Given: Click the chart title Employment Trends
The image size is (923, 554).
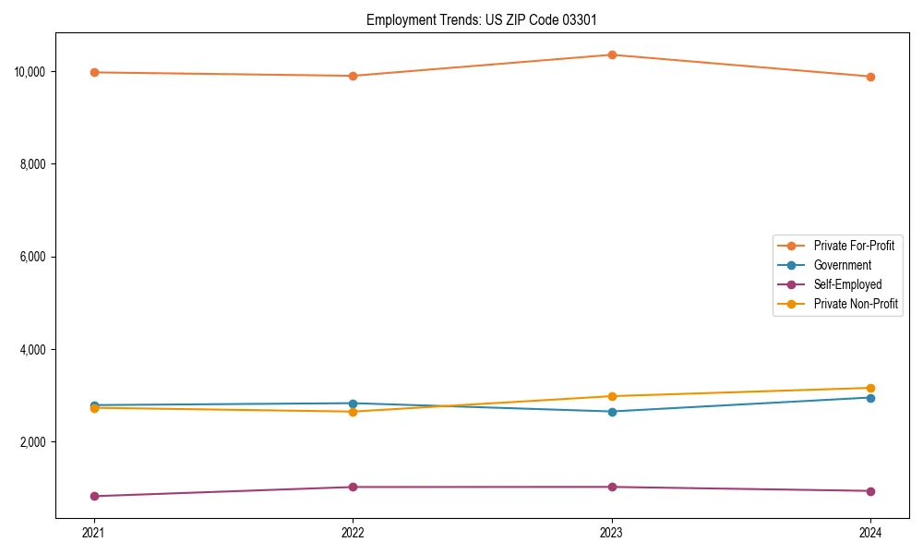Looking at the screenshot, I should [488, 19].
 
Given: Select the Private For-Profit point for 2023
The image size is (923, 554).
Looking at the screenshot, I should [612, 54].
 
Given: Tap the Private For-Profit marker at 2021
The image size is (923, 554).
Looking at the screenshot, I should [94, 72].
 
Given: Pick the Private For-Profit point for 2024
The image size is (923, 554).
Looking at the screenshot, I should [870, 77].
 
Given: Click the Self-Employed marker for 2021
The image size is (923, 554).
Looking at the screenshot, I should [94, 496].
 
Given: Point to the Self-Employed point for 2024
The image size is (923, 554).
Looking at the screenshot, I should [870, 491].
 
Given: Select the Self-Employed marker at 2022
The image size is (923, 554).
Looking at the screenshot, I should [353, 487].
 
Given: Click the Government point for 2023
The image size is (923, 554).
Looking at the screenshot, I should [612, 412].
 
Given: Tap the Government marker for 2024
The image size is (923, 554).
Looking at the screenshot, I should [870, 398].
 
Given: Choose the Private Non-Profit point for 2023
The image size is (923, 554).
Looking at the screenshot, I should [612, 396].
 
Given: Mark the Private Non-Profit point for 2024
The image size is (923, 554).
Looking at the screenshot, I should [870, 388].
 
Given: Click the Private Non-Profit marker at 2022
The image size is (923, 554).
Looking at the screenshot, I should [353, 412].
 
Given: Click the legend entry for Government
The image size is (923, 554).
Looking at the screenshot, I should [842, 265].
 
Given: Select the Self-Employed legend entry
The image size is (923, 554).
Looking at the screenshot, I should [847, 284].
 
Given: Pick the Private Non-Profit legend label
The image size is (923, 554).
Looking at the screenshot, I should [856, 304].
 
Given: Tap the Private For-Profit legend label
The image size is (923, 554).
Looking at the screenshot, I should [854, 246].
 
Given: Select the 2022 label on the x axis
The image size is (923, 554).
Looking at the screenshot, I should [353, 532].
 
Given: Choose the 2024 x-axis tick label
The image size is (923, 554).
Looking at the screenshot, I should [870, 532].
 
